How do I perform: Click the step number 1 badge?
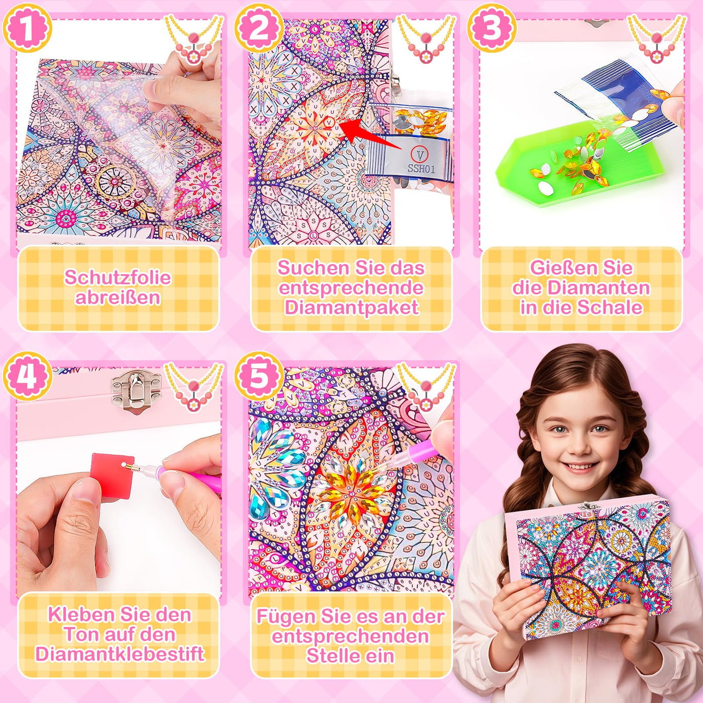[x=27, y=28]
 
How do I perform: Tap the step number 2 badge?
[x=259, y=28]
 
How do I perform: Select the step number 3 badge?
[x=491, y=28]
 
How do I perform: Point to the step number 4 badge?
[x=27, y=376]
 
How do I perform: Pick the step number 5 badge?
[x=259, y=376]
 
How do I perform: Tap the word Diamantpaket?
[x=351, y=307]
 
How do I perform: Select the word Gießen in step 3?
[x=554, y=268]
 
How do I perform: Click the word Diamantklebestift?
[x=120, y=654]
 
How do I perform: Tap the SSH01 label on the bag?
[x=421, y=169]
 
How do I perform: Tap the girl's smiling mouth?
[x=580, y=467]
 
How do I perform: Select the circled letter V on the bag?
[x=419, y=155]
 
